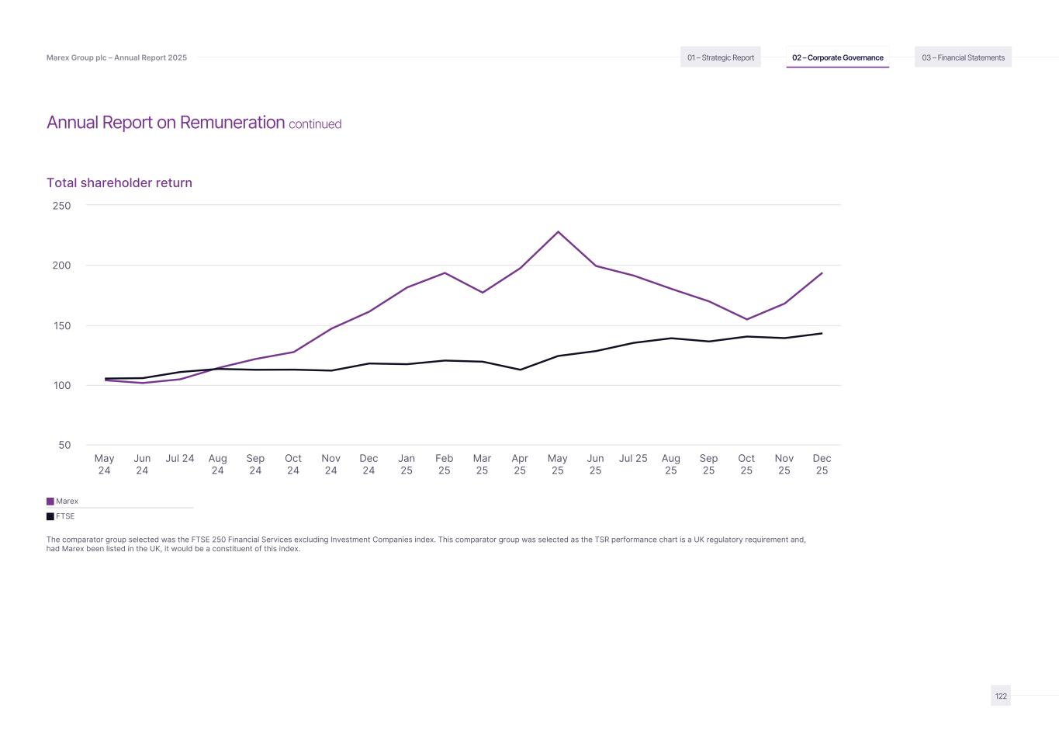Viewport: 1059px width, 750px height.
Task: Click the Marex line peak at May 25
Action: pos(558,231)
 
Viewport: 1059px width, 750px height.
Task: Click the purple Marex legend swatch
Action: pos(50,502)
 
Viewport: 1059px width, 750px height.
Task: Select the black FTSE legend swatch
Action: pos(50,516)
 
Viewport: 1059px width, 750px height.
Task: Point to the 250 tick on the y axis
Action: pos(62,206)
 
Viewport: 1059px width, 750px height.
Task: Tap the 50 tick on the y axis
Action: pos(64,446)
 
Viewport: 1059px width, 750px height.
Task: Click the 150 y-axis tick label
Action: pos(62,326)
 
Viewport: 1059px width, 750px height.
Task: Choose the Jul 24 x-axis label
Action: pos(180,459)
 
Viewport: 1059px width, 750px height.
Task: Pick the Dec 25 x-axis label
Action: pos(822,464)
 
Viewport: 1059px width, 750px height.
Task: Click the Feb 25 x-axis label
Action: pos(444,464)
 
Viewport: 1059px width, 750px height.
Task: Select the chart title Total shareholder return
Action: pos(119,183)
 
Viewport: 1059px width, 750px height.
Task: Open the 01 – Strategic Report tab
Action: pos(720,57)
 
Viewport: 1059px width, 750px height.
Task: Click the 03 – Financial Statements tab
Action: pos(963,57)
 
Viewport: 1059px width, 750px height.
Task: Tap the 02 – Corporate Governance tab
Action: pos(837,57)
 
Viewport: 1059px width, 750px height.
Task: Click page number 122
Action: pos(1001,696)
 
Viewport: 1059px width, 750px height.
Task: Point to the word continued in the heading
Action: pos(315,124)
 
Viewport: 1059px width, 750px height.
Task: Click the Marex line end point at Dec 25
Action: pos(822,273)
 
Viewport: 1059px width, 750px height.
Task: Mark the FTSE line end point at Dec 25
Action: pos(822,334)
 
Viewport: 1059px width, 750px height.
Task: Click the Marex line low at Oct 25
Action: pos(746,319)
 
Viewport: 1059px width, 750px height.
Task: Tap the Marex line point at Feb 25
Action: pos(445,273)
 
